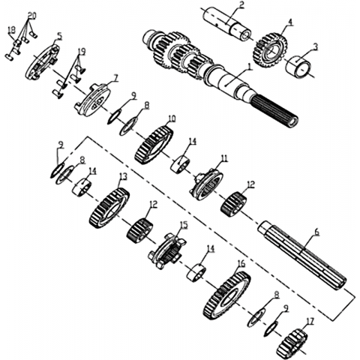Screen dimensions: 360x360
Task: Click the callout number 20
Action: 31,16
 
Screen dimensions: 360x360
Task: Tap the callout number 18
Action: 11,30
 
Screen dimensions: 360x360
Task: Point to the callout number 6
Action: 316,232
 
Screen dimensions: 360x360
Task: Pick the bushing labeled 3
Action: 298,66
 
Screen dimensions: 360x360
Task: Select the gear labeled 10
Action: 154,145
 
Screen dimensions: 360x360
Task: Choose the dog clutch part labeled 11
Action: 207,184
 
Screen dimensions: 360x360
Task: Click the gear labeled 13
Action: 109,208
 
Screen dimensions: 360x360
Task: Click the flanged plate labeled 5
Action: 43,61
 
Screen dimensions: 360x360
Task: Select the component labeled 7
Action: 92,100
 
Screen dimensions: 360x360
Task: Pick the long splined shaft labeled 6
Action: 302,256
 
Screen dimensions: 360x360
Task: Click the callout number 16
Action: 242,264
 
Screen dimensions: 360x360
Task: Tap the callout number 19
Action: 81,52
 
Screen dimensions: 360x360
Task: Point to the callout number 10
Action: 172,118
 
